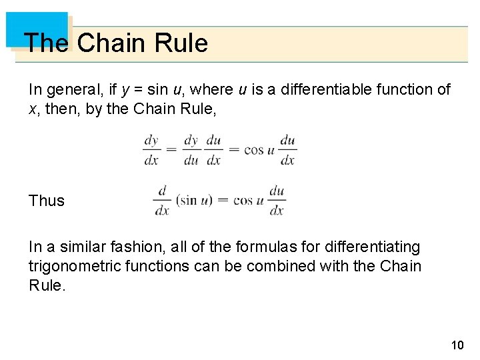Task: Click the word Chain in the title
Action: (x=111, y=43)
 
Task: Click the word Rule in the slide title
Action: (x=181, y=43)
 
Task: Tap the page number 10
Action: (x=457, y=345)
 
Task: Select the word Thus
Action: (x=47, y=201)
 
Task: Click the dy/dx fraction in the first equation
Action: (x=151, y=150)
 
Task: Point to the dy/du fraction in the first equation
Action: (x=191, y=150)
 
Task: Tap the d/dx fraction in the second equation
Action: (x=161, y=200)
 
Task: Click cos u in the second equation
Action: (x=248, y=200)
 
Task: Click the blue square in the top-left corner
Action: (x=37, y=28)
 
